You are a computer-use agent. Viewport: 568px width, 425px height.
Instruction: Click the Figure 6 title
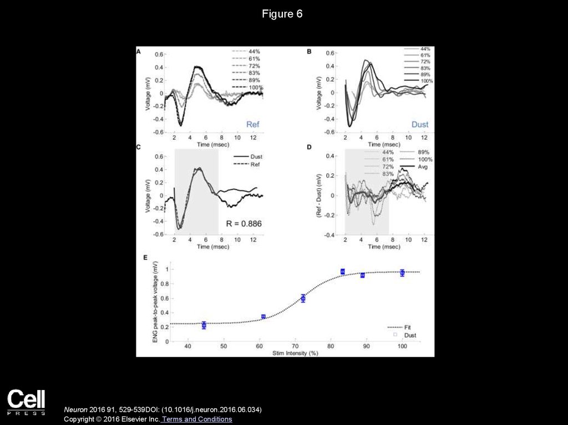coord(282,14)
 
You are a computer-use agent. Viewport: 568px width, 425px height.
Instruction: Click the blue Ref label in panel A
coord(252,125)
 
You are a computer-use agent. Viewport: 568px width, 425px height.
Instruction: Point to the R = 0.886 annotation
coord(244,223)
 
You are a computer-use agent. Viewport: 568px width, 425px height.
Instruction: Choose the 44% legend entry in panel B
coord(425,49)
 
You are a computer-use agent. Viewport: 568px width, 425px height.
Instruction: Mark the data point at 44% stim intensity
coord(204,325)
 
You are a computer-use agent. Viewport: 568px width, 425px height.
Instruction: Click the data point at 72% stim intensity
coord(303,298)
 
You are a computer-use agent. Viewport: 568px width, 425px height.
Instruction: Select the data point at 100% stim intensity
coord(402,272)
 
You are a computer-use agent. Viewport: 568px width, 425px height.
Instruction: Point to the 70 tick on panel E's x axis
coord(295,346)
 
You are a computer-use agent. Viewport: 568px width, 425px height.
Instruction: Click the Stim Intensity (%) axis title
coord(295,353)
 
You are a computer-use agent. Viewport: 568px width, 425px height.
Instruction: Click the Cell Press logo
coord(26,402)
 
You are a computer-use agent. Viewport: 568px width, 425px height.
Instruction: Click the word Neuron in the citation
coord(75,409)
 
